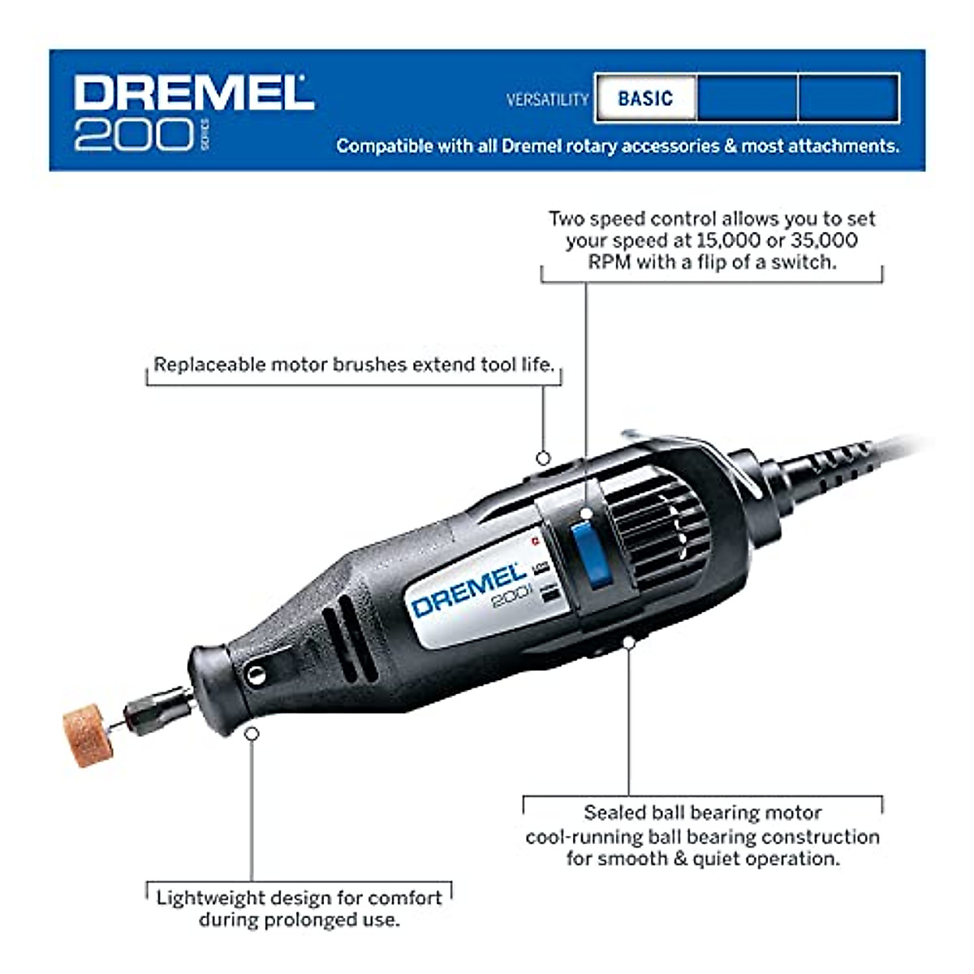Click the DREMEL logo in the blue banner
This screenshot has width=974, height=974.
pos(193,93)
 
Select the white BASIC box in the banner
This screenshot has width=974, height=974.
pos(645,98)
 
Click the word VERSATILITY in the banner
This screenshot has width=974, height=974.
pos(547,99)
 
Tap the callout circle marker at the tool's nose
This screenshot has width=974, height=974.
pos(252,733)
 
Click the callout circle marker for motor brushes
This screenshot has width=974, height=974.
pos(543,459)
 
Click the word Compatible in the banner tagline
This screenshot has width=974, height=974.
pos(384,146)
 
